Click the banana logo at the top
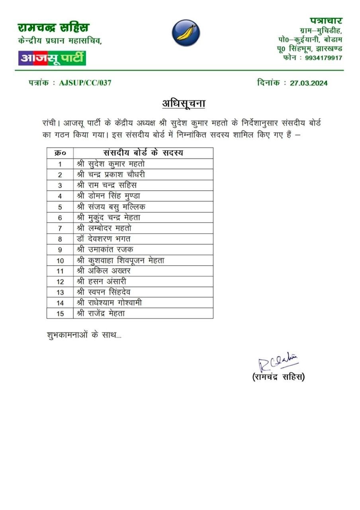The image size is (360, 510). point(186,33)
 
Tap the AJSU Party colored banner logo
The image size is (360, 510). point(52,58)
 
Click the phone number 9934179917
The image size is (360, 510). point(323,58)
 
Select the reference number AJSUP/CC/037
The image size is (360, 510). point(85,83)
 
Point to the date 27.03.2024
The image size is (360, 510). point(309,83)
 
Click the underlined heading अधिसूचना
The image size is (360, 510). point(184,103)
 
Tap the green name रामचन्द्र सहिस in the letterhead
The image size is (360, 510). point(54,27)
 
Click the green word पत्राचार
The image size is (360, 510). point(326,20)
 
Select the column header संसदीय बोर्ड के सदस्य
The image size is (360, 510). point(143,153)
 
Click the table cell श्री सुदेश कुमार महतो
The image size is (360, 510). point(113,164)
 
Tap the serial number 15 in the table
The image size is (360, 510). point(60,314)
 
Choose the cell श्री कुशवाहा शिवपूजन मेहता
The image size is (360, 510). point(120,260)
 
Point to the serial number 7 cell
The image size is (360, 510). point(60,228)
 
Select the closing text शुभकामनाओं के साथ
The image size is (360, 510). point(84,335)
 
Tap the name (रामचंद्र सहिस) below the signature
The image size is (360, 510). point(278,377)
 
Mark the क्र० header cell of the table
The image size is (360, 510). point(60,153)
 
